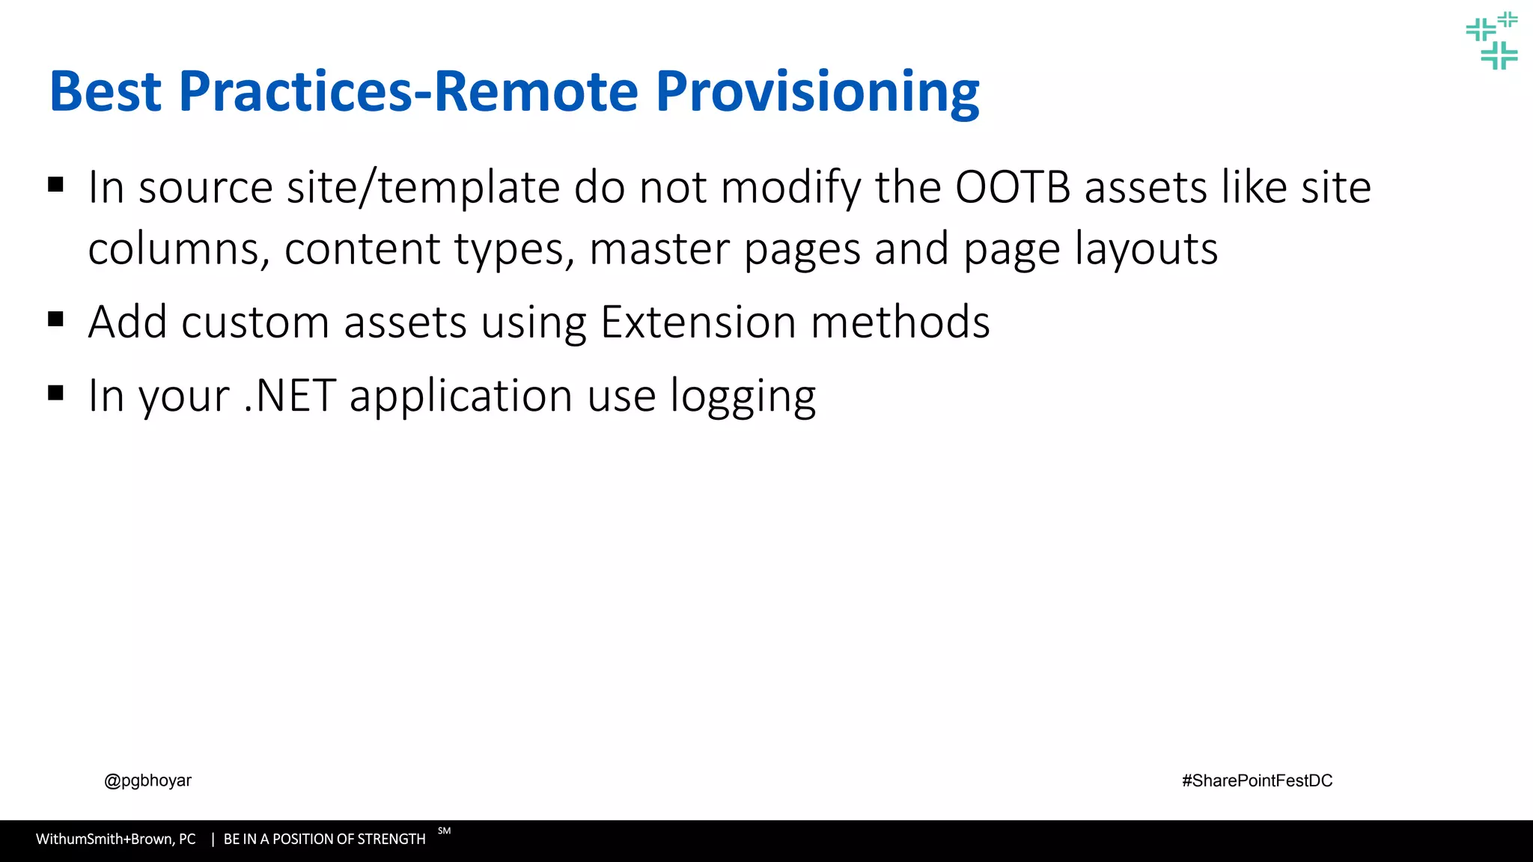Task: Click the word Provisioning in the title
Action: (817, 93)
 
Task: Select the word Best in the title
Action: (106, 91)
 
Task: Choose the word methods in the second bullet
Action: (900, 323)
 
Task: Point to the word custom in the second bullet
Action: (255, 323)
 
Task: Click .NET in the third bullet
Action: (290, 396)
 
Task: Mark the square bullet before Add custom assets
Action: (55, 320)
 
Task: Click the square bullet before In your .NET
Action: (55, 393)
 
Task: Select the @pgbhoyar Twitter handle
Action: (147, 780)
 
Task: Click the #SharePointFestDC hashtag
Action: (1257, 780)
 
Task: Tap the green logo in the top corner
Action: (1492, 41)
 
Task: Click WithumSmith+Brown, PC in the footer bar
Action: (115, 840)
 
